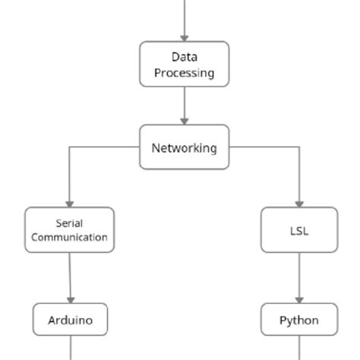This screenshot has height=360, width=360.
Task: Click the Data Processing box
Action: pyautogui.click(x=184, y=65)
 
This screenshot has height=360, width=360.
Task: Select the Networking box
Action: pyautogui.click(x=184, y=147)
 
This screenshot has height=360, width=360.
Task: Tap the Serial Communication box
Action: pyautogui.click(x=69, y=230)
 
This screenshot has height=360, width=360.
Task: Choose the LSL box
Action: pyautogui.click(x=299, y=230)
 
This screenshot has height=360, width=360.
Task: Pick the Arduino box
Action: pyautogui.click(x=71, y=320)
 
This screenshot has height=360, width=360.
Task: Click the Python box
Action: pyautogui.click(x=299, y=320)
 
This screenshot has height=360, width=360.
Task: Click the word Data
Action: pyautogui.click(x=184, y=57)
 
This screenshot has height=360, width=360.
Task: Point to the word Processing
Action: pyautogui.click(x=184, y=73)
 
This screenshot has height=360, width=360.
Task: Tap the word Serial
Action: pyautogui.click(x=69, y=223)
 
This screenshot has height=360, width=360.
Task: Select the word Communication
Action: pyautogui.click(x=69, y=237)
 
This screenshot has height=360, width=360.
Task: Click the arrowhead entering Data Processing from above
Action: pyautogui.click(x=184, y=37)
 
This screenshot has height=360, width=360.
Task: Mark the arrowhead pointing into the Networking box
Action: pyautogui.click(x=184, y=120)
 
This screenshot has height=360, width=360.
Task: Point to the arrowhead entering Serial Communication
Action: pyautogui.click(x=69, y=203)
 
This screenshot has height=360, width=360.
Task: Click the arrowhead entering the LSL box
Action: pyautogui.click(x=299, y=203)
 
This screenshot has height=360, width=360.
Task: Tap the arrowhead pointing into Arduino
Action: pyautogui.click(x=71, y=299)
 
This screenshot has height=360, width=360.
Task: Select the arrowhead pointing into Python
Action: pyautogui.click(x=299, y=299)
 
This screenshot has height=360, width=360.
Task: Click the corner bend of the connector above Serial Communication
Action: pyautogui.click(x=69, y=147)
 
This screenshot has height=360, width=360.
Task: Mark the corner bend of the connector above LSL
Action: pyautogui.click(x=299, y=147)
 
